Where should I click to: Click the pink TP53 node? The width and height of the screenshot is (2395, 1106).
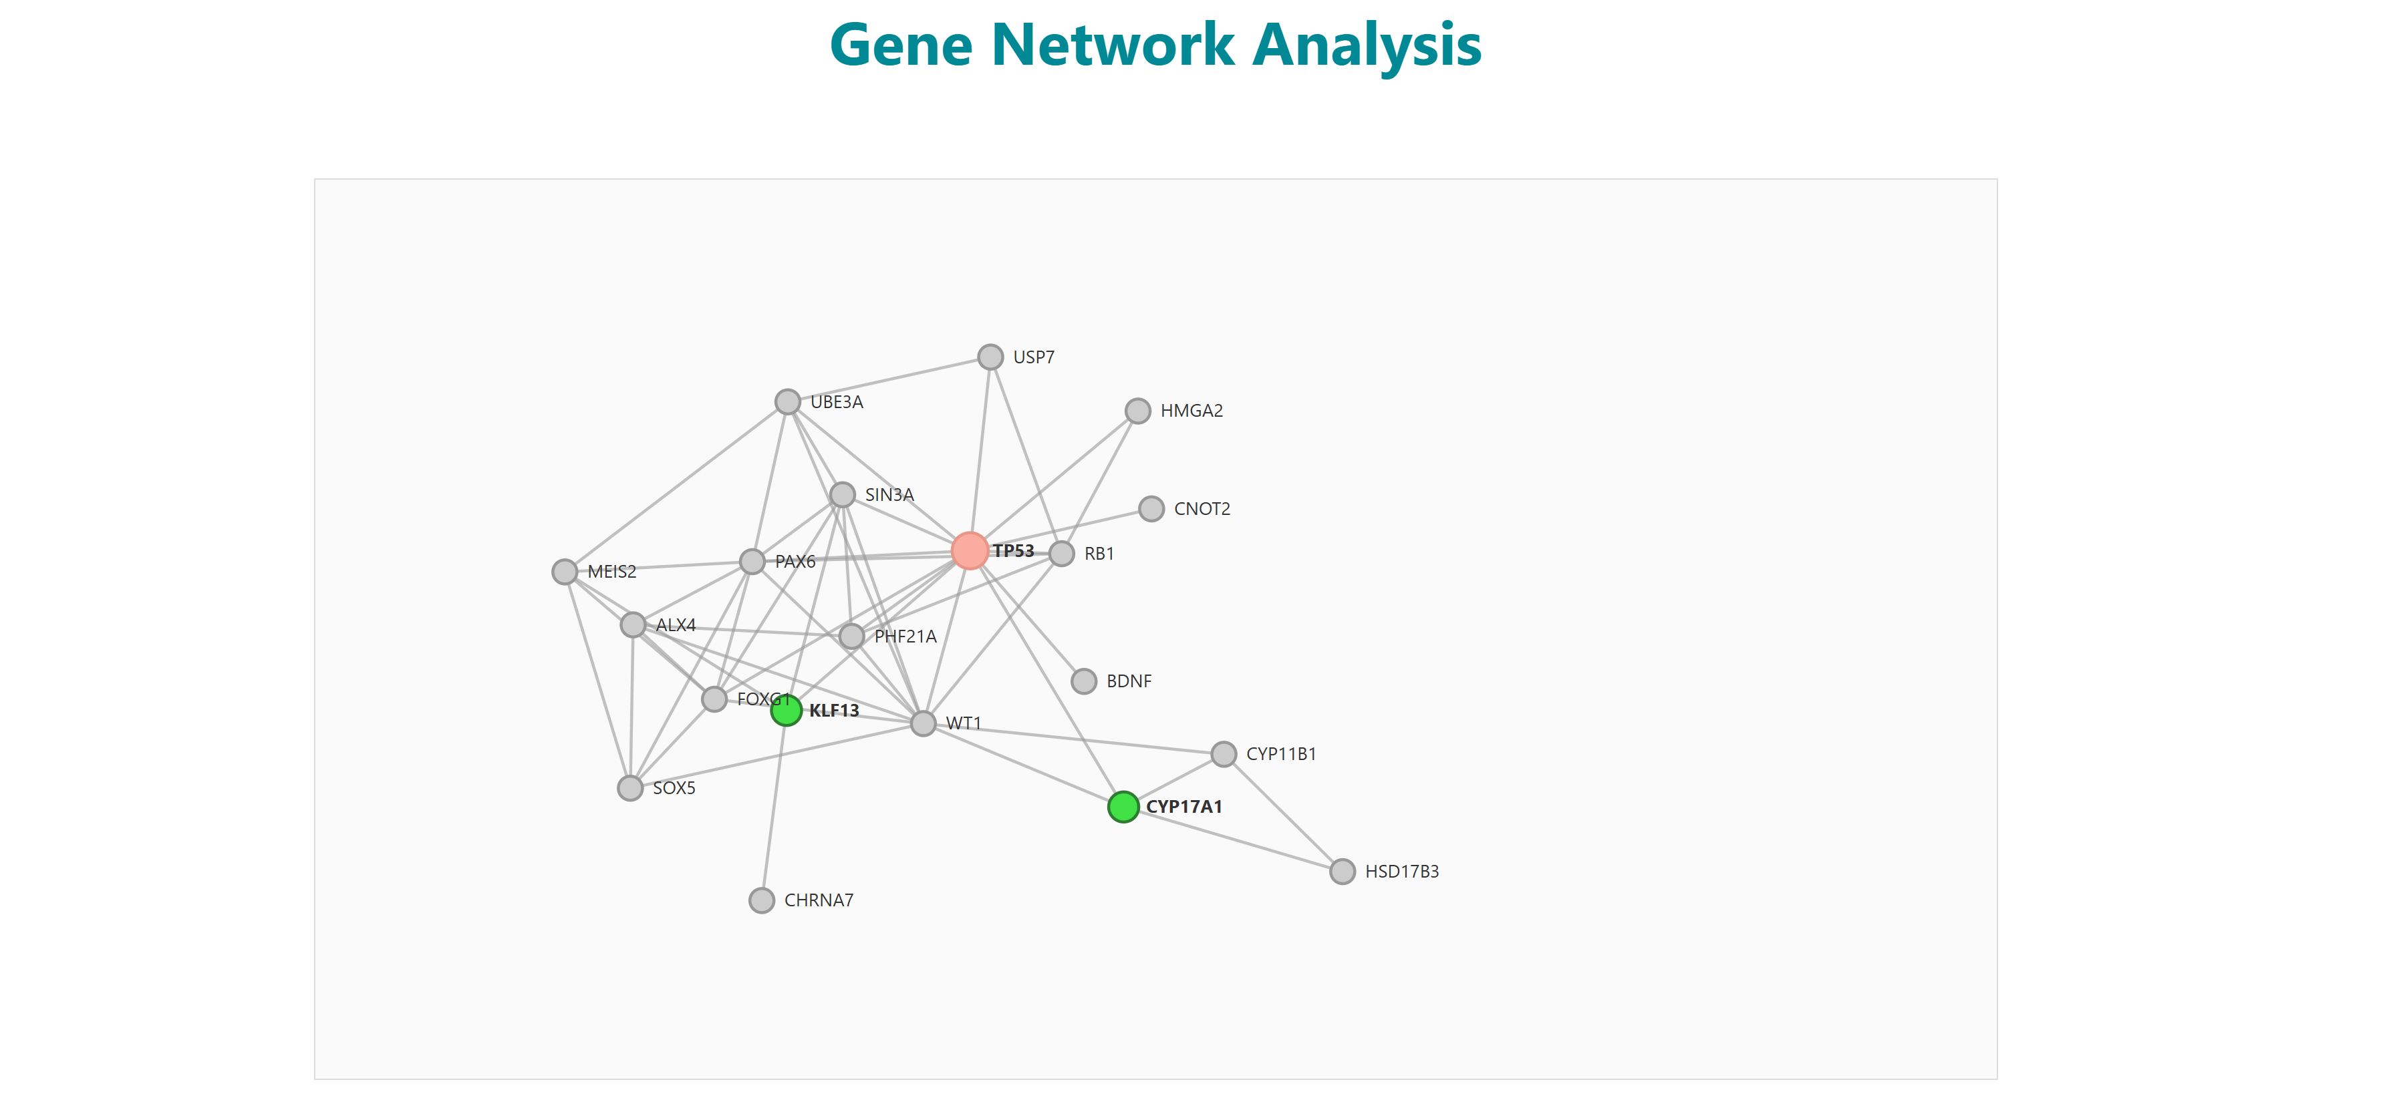point(969,551)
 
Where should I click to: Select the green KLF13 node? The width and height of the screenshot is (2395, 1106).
point(786,711)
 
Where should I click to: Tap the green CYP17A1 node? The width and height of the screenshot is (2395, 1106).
point(1123,807)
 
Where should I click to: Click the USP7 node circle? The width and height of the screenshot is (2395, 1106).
point(990,357)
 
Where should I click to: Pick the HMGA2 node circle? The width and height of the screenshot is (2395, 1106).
point(1137,411)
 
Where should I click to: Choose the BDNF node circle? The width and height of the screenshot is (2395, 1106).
point(1083,681)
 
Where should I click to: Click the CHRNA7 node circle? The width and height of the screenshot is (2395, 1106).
point(761,900)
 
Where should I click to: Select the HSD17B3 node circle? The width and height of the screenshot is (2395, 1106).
point(1342,872)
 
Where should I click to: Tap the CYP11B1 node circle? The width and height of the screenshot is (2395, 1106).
point(1224,754)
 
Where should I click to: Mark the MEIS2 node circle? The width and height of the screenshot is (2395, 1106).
point(565,572)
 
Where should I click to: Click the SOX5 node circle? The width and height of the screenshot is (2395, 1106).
point(630,788)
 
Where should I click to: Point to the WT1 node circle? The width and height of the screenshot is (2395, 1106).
point(922,723)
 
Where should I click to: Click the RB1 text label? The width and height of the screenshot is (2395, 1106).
point(1099,554)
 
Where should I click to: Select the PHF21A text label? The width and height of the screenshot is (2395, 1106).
point(905,636)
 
